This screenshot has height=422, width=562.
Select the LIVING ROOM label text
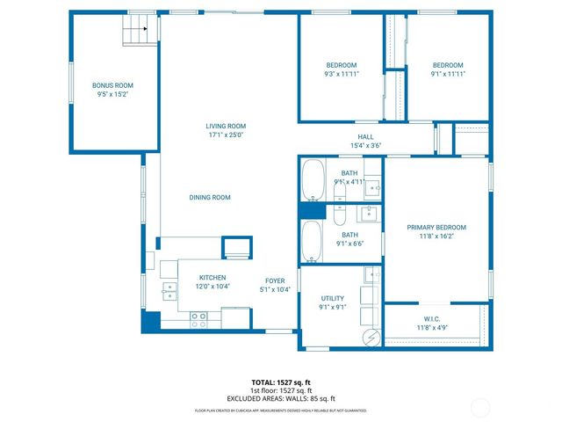225,126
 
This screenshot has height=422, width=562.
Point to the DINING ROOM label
210,198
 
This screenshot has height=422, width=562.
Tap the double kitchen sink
167,292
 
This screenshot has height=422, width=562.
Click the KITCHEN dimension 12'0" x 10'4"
213,287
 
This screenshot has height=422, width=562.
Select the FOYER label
275,280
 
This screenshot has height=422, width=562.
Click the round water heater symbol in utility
371,336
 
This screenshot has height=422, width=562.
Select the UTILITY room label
333,298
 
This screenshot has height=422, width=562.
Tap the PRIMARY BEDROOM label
436,228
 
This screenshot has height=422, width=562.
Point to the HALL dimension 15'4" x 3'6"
365,146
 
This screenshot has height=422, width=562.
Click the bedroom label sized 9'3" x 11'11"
342,74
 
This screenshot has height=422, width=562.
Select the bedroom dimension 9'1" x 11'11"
447,74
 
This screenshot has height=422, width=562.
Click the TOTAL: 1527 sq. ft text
281,382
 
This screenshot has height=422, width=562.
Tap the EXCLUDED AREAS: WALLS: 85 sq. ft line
281,397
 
